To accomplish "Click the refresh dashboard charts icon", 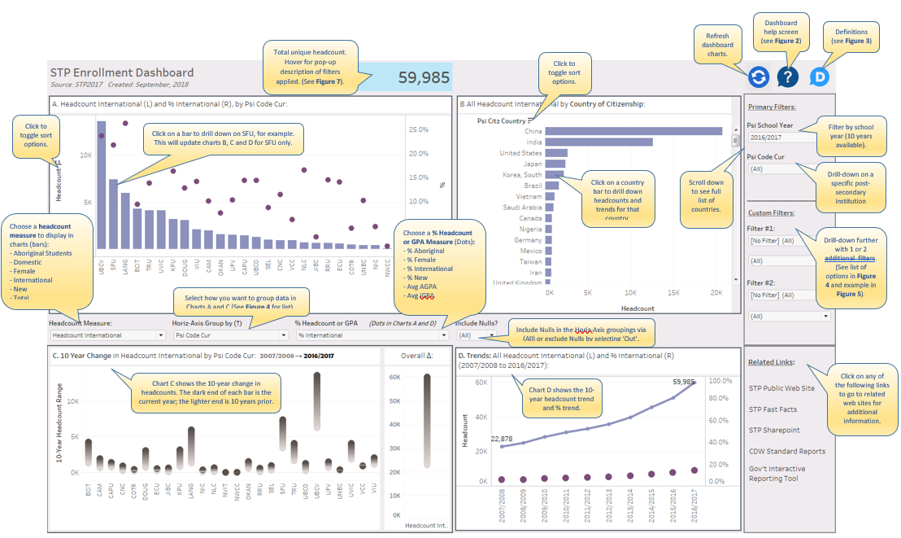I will pos(758,77).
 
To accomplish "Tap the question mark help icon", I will pos(787,77).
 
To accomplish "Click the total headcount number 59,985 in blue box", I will pos(424,77).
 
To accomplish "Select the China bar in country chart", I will pos(633,131).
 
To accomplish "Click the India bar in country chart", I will pos(598,142).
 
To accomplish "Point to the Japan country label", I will pos(532,164).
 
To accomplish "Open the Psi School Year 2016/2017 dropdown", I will pos(781,138).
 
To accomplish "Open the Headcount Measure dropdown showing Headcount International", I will pos(107,335).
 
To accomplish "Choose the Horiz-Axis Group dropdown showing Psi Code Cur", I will pos(229,335).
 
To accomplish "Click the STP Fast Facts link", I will pos(773,409).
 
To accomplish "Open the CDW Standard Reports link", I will pos(786,451).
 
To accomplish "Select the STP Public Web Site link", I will pos(781,388).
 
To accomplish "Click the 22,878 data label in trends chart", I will pos(502,439).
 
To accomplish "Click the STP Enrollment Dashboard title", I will pos(122,73).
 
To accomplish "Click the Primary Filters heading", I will pos(772,107).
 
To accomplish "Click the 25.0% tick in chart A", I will pos(418,129).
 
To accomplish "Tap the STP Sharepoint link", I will pos(774,430).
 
